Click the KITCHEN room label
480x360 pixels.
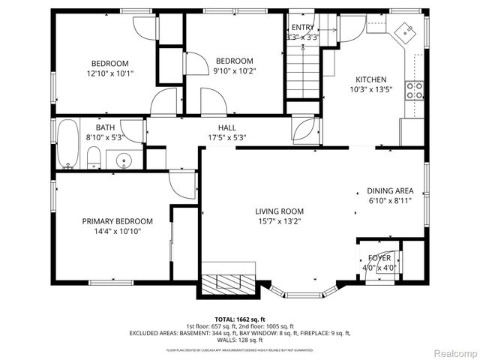point(370,79)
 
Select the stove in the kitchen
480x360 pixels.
point(414,91)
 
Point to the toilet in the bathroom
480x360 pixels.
point(94,157)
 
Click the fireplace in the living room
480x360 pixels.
point(229,282)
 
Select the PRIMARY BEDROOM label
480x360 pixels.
point(117,221)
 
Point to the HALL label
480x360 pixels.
point(227,127)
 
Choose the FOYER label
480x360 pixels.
point(379,258)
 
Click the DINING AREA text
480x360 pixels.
point(389,191)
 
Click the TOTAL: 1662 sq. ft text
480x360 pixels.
point(239,318)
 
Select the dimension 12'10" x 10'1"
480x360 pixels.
point(110,73)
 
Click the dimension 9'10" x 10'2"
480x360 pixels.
point(234,71)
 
